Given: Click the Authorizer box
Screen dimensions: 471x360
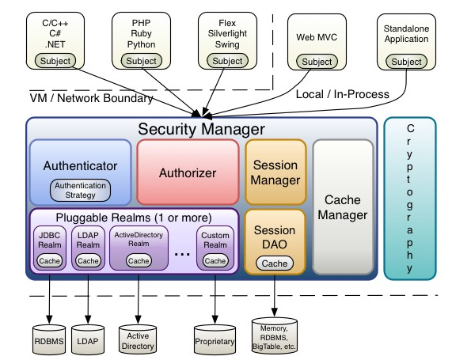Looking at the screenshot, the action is [188, 172].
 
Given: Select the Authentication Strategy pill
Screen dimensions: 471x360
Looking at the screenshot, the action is [80, 191].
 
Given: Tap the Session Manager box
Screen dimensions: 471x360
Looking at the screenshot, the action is [275, 172].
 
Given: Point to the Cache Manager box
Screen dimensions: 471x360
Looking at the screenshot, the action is [343, 207].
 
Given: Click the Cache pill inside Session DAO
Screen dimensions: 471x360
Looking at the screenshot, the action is [275, 263].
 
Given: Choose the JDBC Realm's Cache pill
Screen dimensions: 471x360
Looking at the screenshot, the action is [50, 260].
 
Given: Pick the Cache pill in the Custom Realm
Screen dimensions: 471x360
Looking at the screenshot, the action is [215, 260].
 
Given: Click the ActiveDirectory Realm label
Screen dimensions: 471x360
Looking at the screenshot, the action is [139, 239].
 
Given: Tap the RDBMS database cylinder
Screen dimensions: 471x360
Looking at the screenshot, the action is [49, 339].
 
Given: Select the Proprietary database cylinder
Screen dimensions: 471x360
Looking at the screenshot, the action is [215, 339].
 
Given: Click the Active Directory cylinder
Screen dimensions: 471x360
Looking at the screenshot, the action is [138, 339].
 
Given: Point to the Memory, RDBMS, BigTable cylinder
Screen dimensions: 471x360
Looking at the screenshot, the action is [275, 335].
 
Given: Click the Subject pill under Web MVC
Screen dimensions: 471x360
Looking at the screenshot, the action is [317, 62].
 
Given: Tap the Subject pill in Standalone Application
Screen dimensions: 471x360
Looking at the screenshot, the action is [406, 62].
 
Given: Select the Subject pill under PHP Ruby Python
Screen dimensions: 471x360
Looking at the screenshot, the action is [142, 61].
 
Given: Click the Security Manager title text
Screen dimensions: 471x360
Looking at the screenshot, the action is [201, 129].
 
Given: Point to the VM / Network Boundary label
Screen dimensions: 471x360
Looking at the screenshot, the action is [91, 98].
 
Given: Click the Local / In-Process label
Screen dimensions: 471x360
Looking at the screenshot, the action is [343, 94].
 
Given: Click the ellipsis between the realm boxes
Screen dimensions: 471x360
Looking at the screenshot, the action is [182, 255].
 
